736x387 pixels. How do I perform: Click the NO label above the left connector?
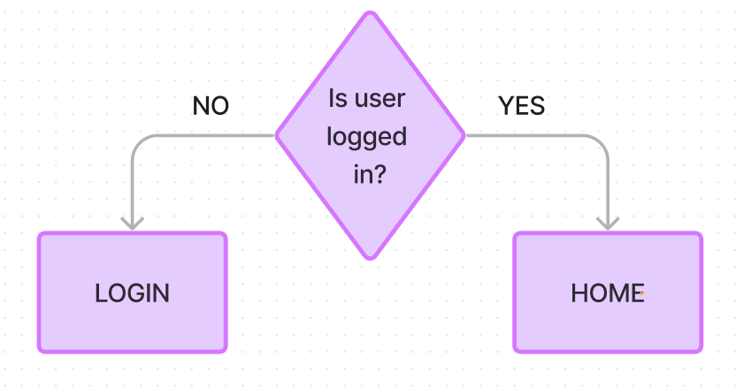pos(211,106)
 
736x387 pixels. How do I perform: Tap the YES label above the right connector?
pos(521,106)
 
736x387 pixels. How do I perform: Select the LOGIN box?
pos(132,292)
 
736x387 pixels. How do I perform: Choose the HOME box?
pos(608,292)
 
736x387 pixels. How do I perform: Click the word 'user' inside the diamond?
pos(379,98)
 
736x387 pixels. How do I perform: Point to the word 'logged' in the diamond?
pos(366,138)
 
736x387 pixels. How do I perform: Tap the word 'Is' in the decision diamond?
pos(337,98)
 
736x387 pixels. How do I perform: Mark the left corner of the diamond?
pos(277,136)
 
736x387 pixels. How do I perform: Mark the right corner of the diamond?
pos(464,136)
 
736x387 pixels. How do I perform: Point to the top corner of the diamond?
pos(371,13)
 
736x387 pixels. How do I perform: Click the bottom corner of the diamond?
pos(371,257)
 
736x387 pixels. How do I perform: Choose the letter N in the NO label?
pos(201,106)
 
